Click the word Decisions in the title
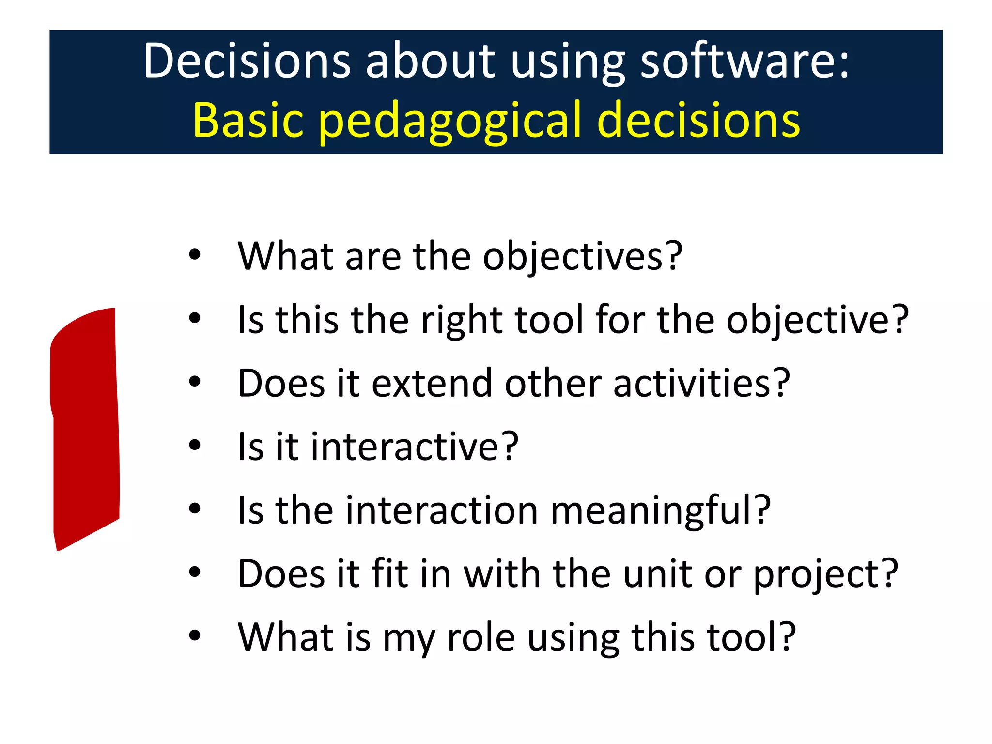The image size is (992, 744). click(246, 61)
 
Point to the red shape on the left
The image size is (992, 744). click(85, 426)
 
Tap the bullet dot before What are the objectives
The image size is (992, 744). click(195, 255)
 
